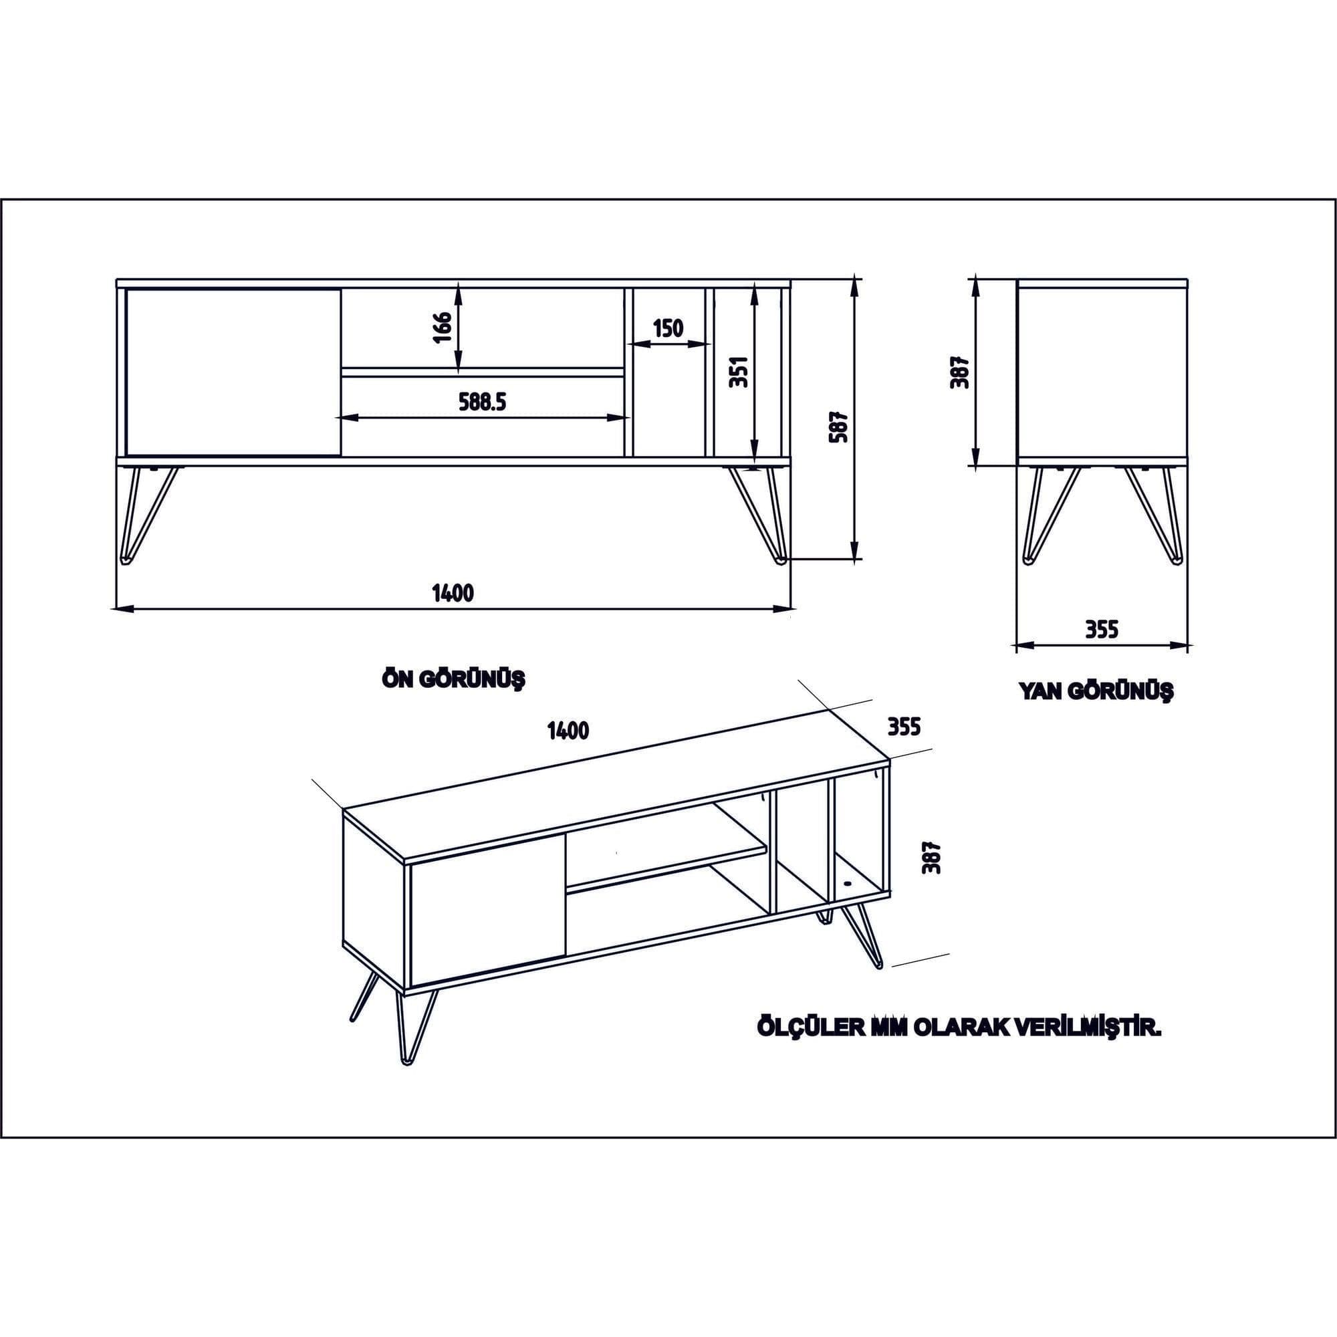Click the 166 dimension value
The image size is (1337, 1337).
444,327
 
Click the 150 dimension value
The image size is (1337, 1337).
668,328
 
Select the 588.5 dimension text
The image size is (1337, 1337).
483,401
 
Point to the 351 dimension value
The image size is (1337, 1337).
740,372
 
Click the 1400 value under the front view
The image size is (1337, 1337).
453,593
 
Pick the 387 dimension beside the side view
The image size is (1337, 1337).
961,372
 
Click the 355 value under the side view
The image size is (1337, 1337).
1101,630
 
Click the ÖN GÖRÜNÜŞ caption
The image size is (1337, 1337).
453,679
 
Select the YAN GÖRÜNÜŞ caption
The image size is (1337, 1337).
1096,691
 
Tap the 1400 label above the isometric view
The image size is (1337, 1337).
568,731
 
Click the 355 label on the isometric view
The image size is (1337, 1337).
904,727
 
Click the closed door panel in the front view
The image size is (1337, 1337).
233,372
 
